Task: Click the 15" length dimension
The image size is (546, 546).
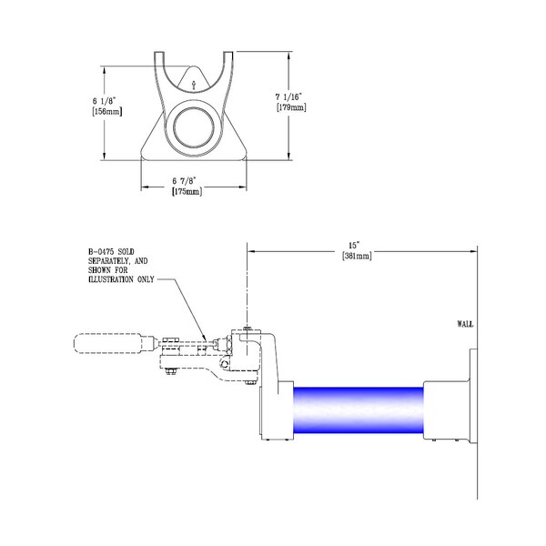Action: pos(357,245)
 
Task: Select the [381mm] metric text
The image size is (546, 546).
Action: pos(357,256)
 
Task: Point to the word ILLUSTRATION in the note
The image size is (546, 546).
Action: pos(119,279)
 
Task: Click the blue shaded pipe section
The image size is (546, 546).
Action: pos(358,413)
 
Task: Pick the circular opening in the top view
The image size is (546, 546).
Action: pos(194,126)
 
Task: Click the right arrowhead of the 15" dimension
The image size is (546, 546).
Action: pos(474,249)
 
